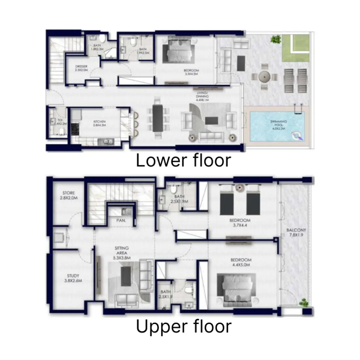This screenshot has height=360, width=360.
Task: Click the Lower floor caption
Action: click(x=183, y=161)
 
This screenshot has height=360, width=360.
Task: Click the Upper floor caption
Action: click(x=183, y=326)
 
